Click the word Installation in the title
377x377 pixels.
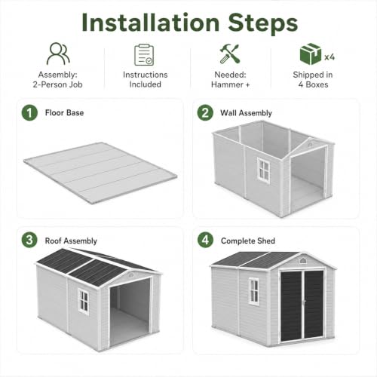click(151, 23)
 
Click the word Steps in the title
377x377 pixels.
click(263, 23)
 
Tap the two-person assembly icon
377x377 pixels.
click(58, 54)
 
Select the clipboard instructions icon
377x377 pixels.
click(144, 55)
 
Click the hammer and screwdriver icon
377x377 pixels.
click(229, 54)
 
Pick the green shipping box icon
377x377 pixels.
click(311, 54)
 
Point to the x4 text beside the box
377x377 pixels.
click(329, 57)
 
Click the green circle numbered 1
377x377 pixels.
click(29, 112)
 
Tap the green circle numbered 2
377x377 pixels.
click(205, 112)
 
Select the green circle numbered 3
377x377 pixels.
click(29, 240)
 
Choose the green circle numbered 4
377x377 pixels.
click(205, 240)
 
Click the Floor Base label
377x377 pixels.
click(64, 112)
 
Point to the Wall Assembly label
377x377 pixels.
click(246, 113)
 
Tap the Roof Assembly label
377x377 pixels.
click(71, 241)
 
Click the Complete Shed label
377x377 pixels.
click(248, 241)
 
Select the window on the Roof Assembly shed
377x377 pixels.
click(83, 302)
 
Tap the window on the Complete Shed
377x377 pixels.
click(253, 292)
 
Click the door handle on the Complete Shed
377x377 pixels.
click(304, 302)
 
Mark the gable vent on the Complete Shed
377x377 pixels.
click(303, 261)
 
